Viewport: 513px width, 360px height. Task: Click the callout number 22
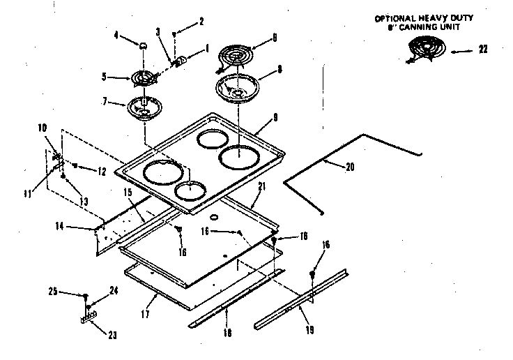483,49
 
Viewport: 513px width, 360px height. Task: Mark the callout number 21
262,186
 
